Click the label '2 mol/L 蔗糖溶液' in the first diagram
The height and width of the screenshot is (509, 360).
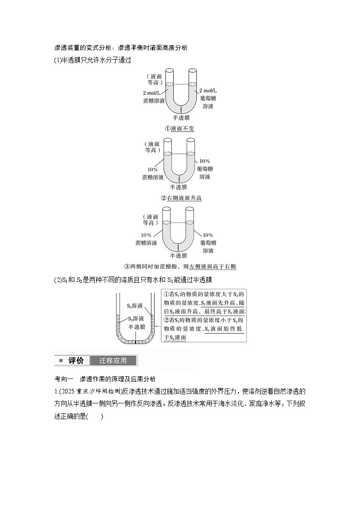154,97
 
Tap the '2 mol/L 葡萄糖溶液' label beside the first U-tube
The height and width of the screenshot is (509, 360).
208,98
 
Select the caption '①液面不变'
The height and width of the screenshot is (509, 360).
180,128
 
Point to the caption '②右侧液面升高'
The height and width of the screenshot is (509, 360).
181,198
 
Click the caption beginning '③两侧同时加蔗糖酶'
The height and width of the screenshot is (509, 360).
180,267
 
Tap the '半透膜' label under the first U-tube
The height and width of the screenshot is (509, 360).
181,118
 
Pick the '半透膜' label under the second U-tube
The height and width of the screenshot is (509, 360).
179,187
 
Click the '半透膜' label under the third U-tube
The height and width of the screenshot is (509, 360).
179,256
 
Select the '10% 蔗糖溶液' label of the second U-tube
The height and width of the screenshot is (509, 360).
153,173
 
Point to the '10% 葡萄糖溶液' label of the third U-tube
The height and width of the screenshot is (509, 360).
208,243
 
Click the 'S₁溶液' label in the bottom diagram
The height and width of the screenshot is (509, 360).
135,306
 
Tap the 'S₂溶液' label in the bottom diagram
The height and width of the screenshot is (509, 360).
136,319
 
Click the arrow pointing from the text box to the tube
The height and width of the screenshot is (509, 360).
158,326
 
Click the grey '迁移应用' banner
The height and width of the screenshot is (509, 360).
113,360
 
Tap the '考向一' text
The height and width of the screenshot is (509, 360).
64,379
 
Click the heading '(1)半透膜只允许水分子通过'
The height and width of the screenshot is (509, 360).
92,60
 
